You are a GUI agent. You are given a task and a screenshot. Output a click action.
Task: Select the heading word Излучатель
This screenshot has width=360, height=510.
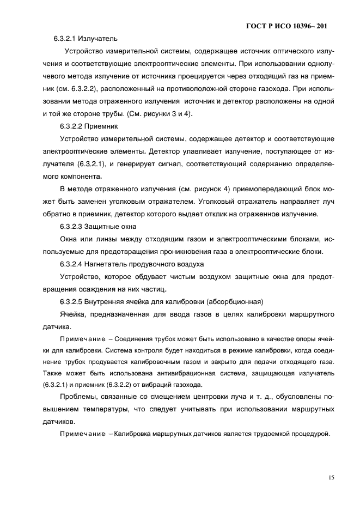(100, 39)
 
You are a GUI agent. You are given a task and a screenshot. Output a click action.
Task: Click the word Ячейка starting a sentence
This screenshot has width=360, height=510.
(73, 314)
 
